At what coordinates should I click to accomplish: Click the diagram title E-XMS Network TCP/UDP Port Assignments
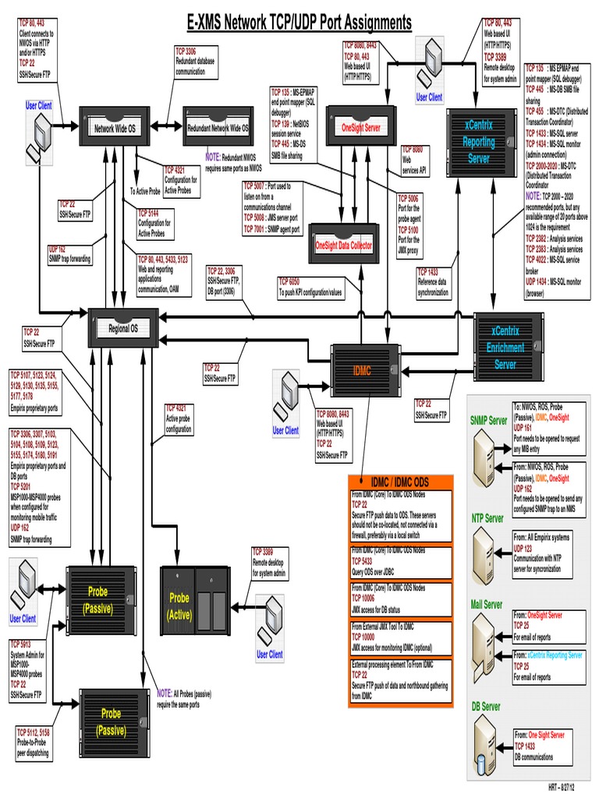point(299,23)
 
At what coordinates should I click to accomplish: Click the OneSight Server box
point(360,127)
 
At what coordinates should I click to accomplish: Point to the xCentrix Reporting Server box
point(479,141)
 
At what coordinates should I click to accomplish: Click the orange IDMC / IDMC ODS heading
point(399,482)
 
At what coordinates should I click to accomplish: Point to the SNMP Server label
point(489,421)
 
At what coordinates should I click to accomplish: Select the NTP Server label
point(487,518)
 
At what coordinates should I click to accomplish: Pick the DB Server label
point(486,707)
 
